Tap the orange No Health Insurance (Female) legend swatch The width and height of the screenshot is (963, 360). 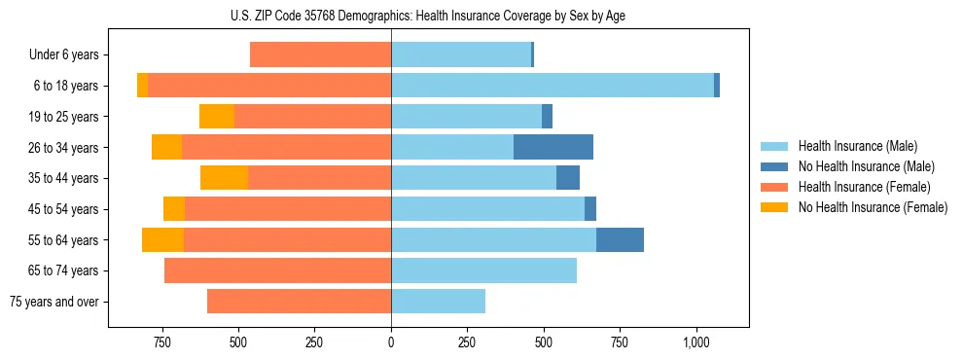[x=774, y=207]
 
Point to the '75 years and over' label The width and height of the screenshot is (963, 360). [x=53, y=302]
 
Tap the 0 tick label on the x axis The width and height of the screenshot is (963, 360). [x=391, y=342]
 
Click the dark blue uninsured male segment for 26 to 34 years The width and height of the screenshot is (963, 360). [x=553, y=147]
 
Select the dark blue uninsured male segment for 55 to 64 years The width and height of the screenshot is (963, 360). [x=620, y=239]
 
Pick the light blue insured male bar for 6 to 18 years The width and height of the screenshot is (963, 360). [x=552, y=86]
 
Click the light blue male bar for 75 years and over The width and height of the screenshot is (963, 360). [x=438, y=302]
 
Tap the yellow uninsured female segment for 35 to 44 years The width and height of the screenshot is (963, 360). [x=224, y=178]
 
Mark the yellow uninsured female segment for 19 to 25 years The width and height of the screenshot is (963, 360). [x=217, y=117]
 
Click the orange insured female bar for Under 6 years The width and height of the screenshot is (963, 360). [x=320, y=54]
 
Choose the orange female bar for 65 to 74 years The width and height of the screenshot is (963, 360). [x=277, y=270]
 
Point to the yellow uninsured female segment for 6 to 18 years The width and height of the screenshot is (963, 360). [x=142, y=86]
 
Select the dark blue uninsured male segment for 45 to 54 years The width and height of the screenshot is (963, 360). [x=590, y=209]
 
